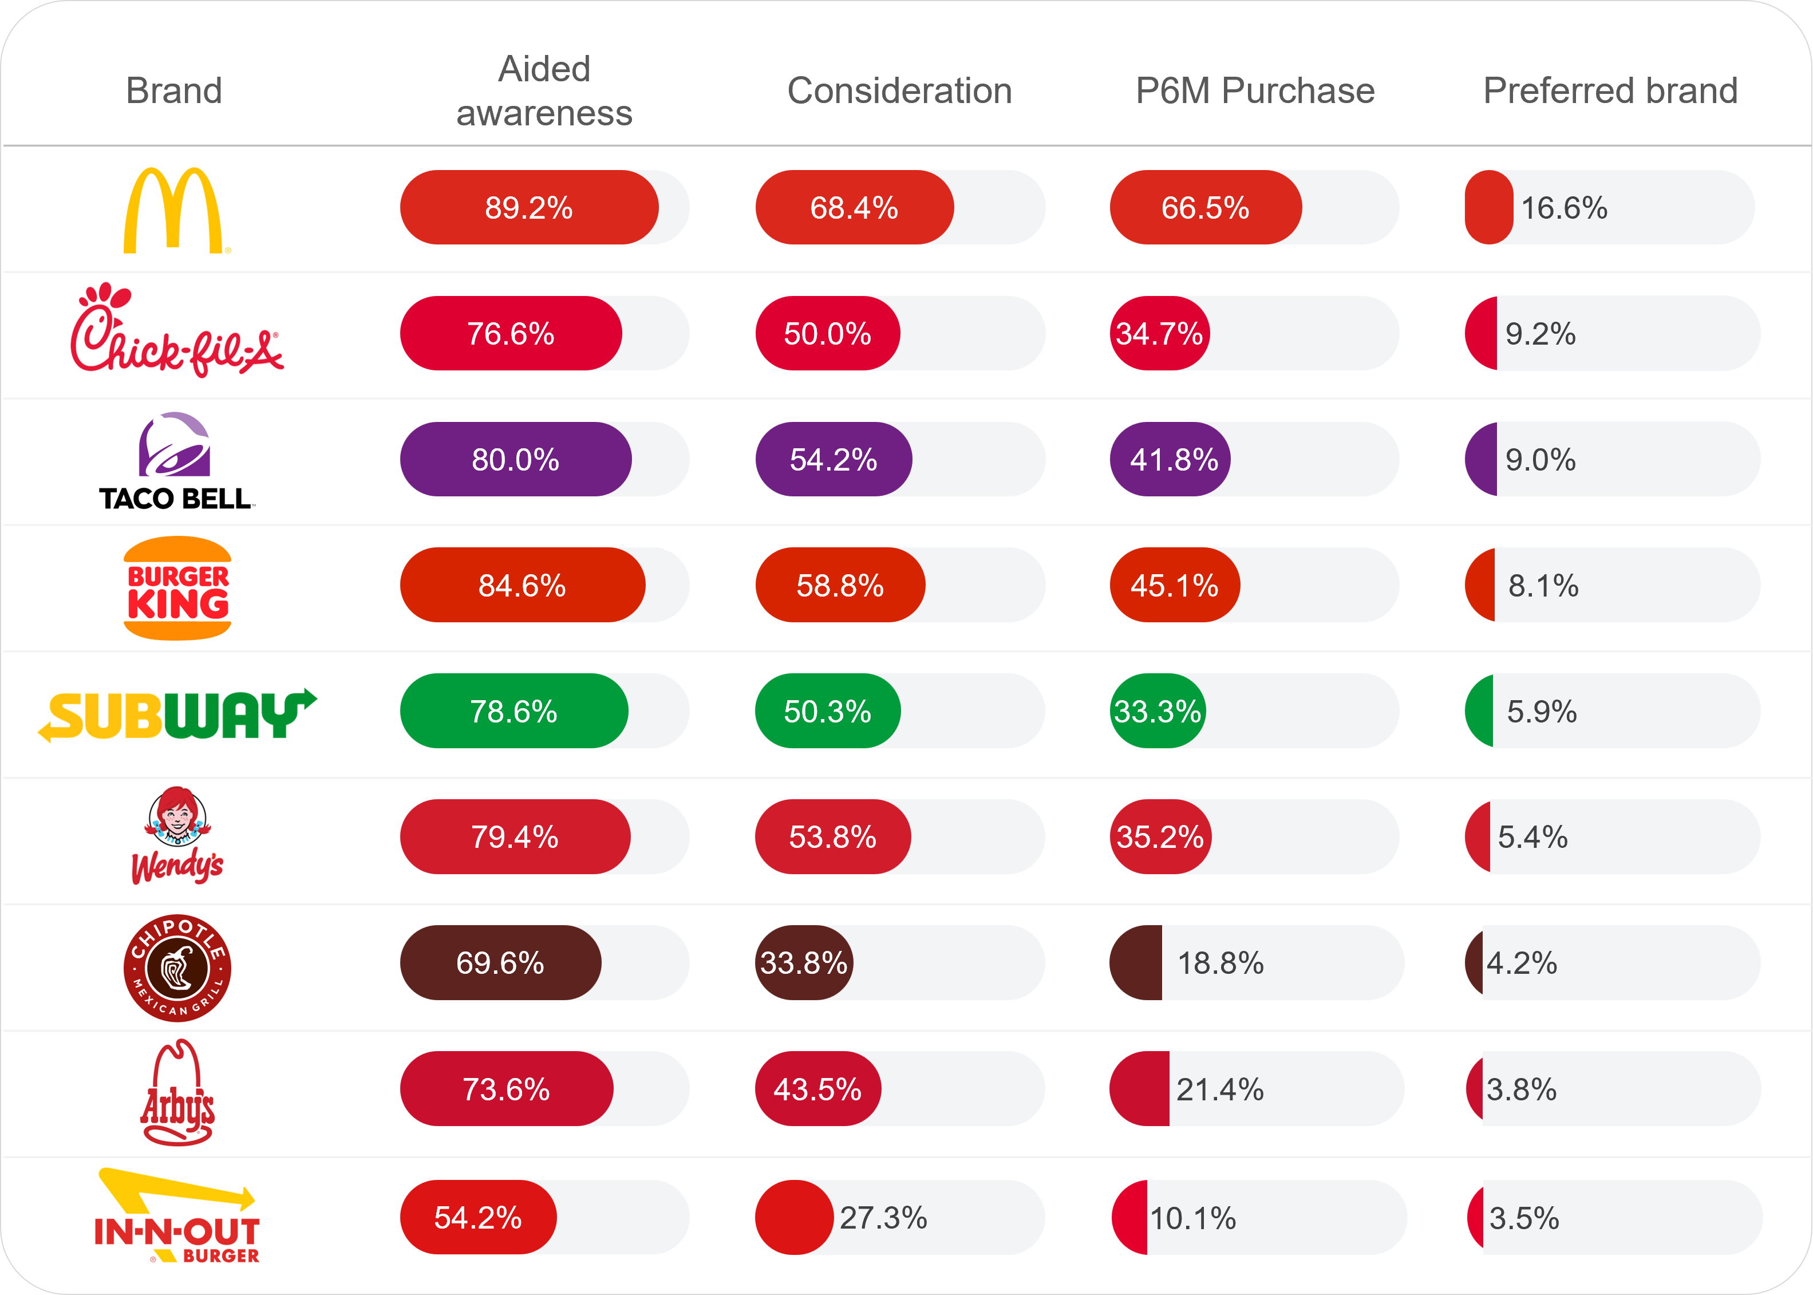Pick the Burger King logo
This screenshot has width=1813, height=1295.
pos(178,588)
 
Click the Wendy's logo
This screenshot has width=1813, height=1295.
pos(177,836)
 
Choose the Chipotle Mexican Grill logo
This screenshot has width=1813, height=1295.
pos(177,968)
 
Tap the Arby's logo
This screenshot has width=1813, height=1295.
pos(177,1092)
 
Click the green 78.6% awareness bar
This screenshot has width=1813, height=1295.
pos(514,711)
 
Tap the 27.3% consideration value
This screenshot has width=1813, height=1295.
pos(883,1218)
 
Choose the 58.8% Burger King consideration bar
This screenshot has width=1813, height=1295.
pos(840,585)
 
